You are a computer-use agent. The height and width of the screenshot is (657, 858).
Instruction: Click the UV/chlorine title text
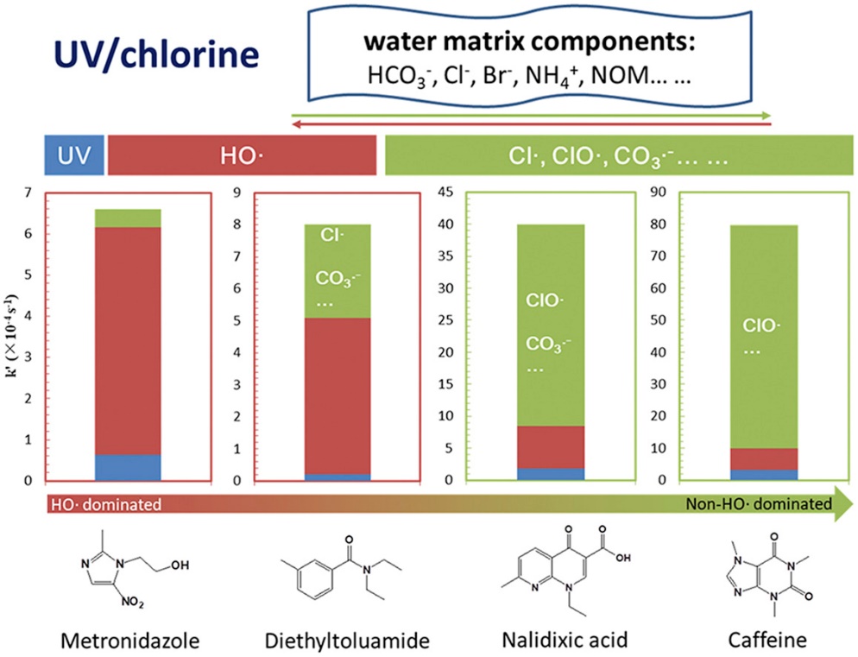pos(156,54)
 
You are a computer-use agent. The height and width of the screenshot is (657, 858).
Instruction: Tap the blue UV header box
pos(74,155)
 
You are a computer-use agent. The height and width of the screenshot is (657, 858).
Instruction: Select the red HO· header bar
pos(242,155)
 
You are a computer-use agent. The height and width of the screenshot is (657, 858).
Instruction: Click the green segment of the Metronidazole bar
pos(128,218)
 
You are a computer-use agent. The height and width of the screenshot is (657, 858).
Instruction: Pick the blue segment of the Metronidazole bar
pos(128,468)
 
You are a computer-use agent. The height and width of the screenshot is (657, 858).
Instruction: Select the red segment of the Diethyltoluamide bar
pos(338,396)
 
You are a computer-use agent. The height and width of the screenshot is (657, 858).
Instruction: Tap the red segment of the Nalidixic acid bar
pos(551,447)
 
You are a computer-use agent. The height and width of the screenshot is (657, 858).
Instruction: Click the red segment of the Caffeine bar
pos(764,459)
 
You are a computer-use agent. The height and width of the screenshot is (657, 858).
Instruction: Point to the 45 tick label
pos(445,193)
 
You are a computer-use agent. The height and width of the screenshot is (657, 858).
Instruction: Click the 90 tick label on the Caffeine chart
pos(658,193)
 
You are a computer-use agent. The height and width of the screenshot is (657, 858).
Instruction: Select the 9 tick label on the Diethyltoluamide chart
pos(237,193)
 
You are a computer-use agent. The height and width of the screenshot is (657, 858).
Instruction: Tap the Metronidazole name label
pos(130,640)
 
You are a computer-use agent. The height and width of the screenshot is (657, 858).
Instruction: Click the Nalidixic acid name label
pos(565,640)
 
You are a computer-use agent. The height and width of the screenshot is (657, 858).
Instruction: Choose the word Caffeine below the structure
pos(767,640)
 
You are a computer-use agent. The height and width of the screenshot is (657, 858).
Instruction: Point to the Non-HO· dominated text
pos(759,503)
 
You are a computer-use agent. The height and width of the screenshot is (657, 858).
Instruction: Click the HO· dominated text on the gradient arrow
pos(106,504)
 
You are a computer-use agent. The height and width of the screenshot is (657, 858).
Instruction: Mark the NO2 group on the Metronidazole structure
pos(133,603)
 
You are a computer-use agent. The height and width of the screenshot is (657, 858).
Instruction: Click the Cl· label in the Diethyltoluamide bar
pos(332,235)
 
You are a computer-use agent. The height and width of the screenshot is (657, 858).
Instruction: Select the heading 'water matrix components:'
pos(529,41)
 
